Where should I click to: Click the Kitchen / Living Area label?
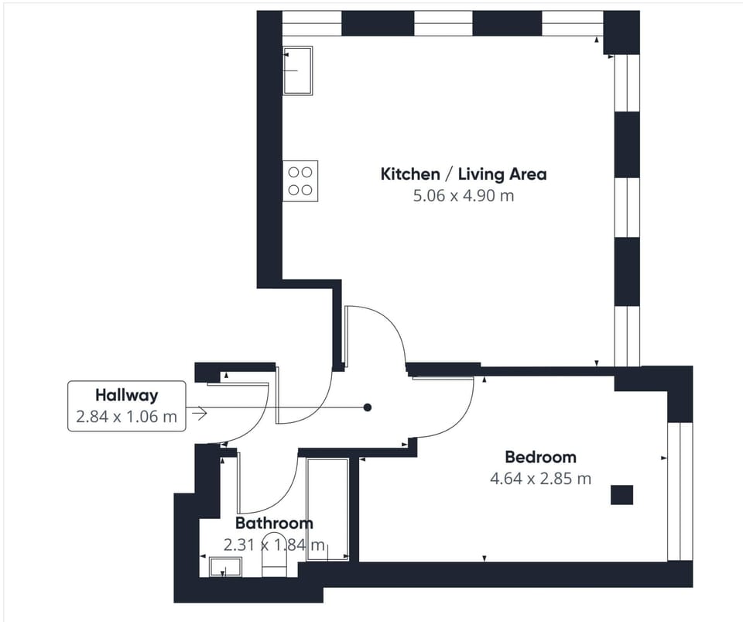[x=463, y=174]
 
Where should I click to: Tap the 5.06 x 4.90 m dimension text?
[x=463, y=196]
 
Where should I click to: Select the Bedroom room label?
[x=540, y=456]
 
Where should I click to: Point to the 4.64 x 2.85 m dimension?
[x=540, y=479]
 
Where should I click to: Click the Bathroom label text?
[x=274, y=524]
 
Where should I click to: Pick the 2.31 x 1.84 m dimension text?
[x=274, y=545]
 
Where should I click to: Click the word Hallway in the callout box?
[x=126, y=395]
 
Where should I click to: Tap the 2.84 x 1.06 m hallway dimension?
[x=126, y=418]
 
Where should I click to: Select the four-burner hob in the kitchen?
[x=300, y=180]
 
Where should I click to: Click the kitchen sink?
[x=298, y=70]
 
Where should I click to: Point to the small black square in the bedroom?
[x=621, y=494]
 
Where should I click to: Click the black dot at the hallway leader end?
[x=368, y=407]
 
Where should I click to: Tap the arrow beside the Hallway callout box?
[x=199, y=414]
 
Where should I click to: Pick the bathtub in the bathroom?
[x=327, y=509]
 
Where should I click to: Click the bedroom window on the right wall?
[x=679, y=491]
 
